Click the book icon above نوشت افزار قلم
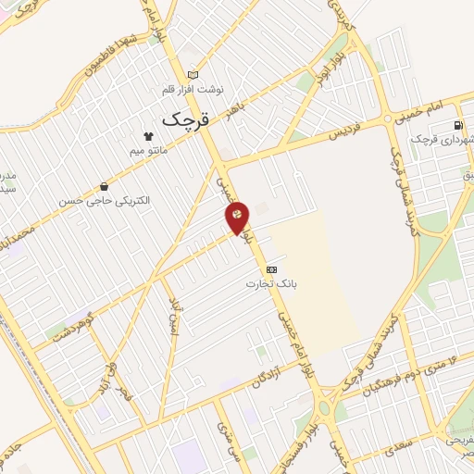tap(193, 75)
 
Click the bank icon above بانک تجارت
tap(270, 269)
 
